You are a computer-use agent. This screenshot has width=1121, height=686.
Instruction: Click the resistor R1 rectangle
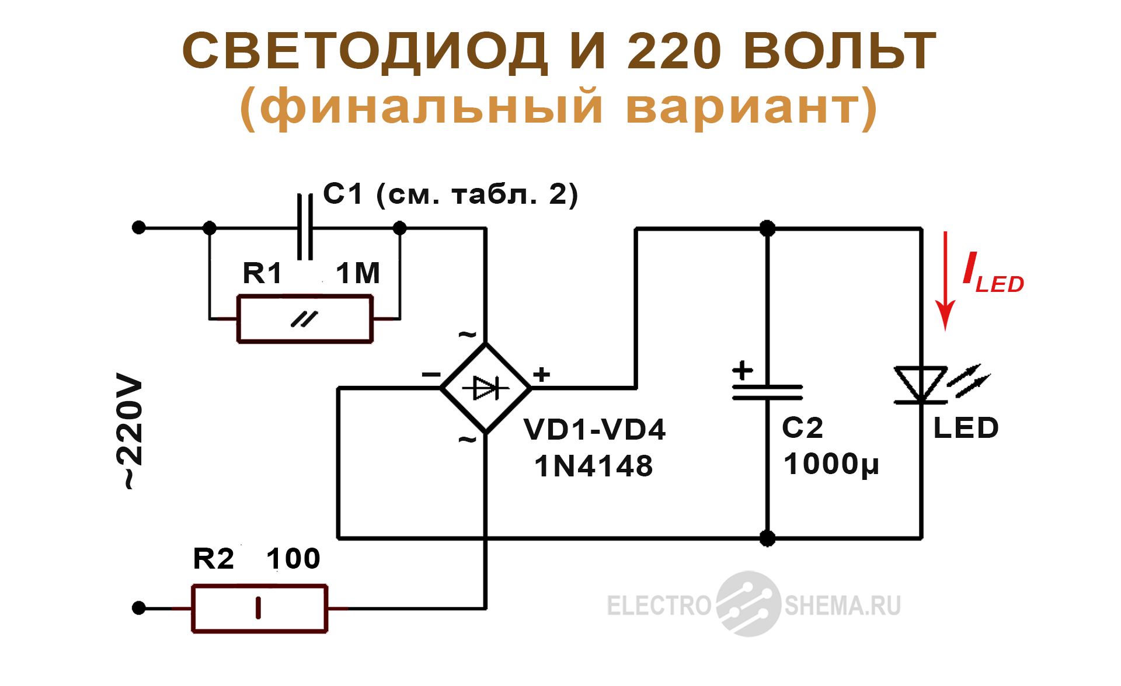pos(305,319)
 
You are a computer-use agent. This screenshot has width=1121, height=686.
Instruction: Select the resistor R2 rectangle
pos(259,608)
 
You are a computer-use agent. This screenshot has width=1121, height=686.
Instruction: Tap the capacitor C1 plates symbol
pos(305,227)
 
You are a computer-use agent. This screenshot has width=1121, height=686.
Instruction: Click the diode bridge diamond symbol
pos(486,388)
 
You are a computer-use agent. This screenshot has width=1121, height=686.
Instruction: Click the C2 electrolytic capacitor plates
pos(767,392)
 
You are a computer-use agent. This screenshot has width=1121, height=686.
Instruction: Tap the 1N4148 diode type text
pos(593,466)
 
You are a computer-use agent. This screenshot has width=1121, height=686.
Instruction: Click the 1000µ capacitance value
pos(831,465)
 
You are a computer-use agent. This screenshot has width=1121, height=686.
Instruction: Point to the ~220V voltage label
pos(130,431)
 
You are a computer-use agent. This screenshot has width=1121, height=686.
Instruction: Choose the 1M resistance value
pos(357,273)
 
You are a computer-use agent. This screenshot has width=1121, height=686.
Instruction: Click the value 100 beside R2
pos(293,559)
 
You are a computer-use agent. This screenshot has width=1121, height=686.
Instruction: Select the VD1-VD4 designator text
pos(594,430)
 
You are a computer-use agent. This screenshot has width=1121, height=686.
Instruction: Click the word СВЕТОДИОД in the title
pos(365,51)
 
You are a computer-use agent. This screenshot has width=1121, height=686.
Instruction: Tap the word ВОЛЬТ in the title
pos(840,51)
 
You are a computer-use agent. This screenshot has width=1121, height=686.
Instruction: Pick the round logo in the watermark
pos(749,604)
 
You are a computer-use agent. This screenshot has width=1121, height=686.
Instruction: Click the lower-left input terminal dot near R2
pos(139,608)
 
